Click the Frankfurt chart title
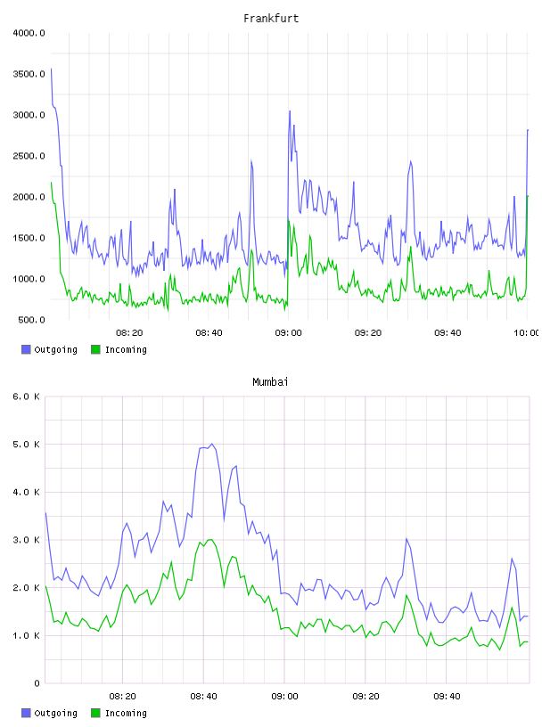pos(271,19)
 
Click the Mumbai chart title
pos(270,382)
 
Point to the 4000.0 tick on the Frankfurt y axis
pos(29,33)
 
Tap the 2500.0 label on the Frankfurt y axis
pos(29,156)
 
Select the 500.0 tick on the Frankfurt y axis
pos(31,320)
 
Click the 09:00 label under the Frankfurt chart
pos(288,333)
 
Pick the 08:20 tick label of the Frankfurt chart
pos(129,333)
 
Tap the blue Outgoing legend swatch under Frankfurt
pos(26,349)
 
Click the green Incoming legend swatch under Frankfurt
pos(95,349)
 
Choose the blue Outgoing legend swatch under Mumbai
pos(26,713)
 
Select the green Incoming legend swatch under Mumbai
pos(95,713)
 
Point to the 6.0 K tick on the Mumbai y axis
pos(26,396)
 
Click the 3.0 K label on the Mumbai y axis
pos(26,540)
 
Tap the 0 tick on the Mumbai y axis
pos(37,683)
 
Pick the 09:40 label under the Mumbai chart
pos(447,697)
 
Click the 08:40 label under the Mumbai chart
pos(204,697)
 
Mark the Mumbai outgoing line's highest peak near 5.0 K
pos(212,444)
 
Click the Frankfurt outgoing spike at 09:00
pos(290,111)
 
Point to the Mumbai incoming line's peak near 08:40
pos(209,539)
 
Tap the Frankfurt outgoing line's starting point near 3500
pos(51,69)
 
